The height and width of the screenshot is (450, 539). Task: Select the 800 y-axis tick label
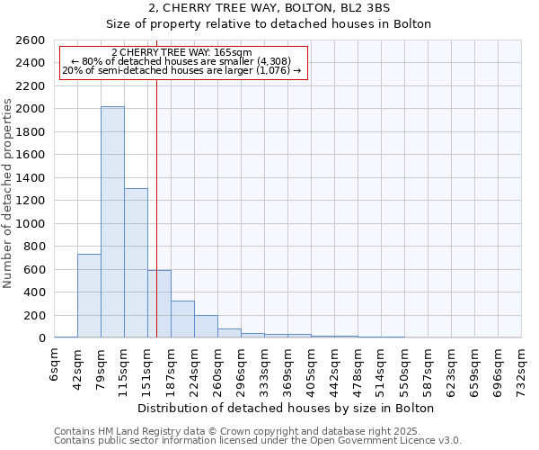[36, 247]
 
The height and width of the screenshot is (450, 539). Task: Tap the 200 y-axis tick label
[36, 316]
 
